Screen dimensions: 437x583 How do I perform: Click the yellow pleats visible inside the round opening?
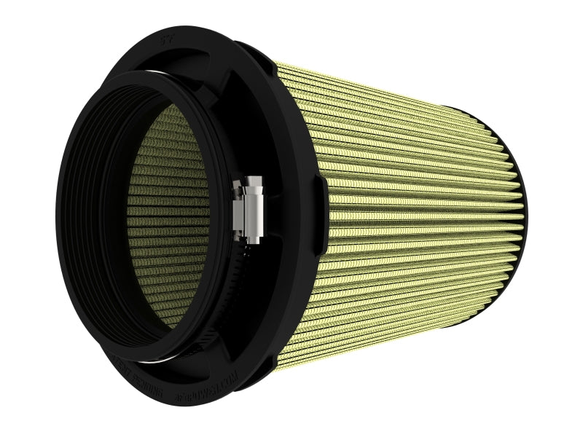tap(168, 219)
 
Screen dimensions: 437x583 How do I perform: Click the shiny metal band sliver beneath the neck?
tap(157, 358)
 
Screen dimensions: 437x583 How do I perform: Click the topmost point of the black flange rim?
tap(182, 28)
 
